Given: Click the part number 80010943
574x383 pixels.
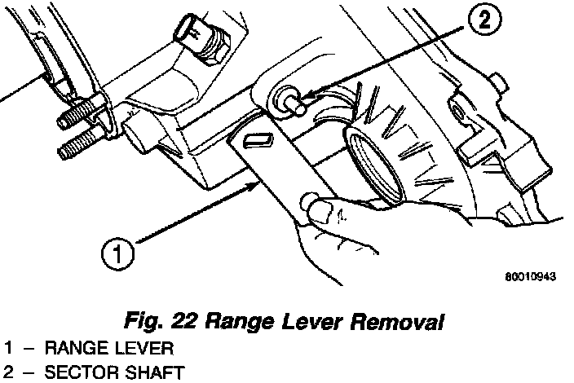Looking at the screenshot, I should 530,276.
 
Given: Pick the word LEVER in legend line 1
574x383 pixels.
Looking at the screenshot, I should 148,350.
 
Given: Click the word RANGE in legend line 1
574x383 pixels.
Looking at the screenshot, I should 77,350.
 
